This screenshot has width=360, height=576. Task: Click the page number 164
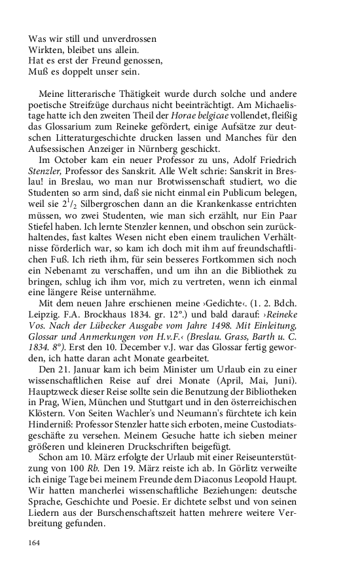pos(35,543)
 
